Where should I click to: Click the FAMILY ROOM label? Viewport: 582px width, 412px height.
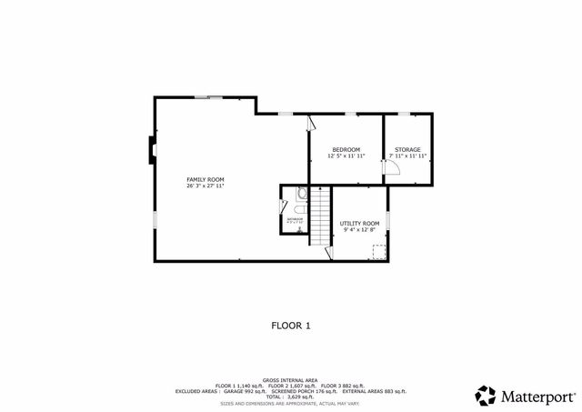205,179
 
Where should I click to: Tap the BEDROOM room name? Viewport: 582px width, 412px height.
346,149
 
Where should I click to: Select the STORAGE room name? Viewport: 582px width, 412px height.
407,149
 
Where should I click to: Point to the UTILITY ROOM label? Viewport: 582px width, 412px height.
359,223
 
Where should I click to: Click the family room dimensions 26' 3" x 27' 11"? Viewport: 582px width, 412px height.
205,186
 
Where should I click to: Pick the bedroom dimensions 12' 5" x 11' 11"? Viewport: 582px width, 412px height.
346,156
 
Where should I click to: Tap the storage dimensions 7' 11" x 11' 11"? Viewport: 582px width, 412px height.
407,156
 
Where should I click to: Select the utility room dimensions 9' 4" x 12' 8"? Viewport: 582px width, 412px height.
359,229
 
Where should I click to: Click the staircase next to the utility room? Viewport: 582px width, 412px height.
320,216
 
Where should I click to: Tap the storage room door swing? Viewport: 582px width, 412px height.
395,178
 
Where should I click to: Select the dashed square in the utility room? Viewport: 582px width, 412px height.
378,248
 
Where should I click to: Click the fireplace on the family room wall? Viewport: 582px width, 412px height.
150,151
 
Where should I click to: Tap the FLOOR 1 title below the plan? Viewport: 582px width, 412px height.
291,324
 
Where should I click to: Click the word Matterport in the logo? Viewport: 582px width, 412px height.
535,396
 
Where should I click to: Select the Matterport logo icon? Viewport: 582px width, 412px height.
486,396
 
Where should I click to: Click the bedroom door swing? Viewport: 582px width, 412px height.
312,122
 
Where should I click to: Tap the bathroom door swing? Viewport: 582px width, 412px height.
285,206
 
